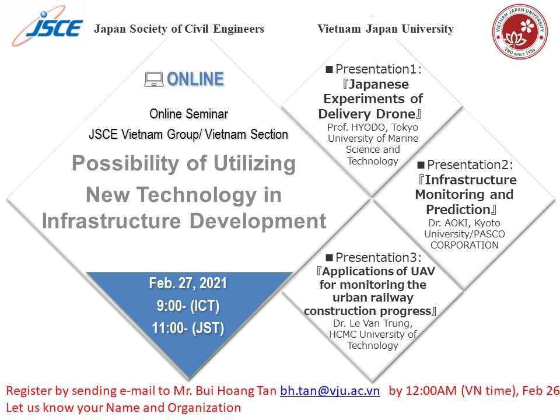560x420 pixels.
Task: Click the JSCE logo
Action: [47, 26]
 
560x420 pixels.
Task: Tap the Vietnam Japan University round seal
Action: [520, 31]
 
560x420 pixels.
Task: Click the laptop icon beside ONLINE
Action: [154, 79]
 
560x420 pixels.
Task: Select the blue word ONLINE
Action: [195, 79]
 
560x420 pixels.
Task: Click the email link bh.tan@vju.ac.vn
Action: [330, 391]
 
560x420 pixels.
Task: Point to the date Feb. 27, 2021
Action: [188, 283]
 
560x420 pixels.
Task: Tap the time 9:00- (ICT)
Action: [188, 306]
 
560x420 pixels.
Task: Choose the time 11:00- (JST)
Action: [188, 328]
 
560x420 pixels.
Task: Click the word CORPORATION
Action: [464, 246]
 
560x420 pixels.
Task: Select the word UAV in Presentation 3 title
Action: [423, 271]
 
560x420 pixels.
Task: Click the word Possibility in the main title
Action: [125, 163]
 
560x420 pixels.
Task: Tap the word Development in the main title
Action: [258, 221]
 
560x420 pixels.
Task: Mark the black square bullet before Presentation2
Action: [421, 165]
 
